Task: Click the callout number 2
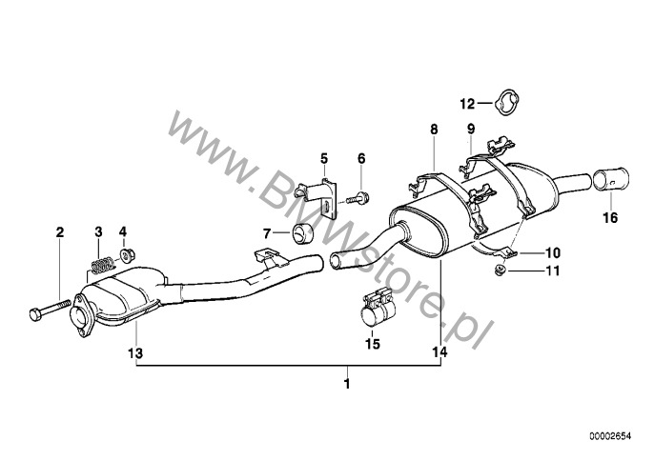60,232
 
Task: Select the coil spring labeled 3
102,265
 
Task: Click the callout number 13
135,353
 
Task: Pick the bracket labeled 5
320,197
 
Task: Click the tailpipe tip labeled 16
610,180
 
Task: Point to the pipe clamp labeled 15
378,308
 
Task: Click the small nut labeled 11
501,271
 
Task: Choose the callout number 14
440,352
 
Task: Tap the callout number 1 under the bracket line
347,384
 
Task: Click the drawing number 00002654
610,436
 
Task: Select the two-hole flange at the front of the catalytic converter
83,315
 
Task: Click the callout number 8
434,130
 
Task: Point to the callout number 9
471,129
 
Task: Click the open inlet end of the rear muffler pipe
336,260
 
